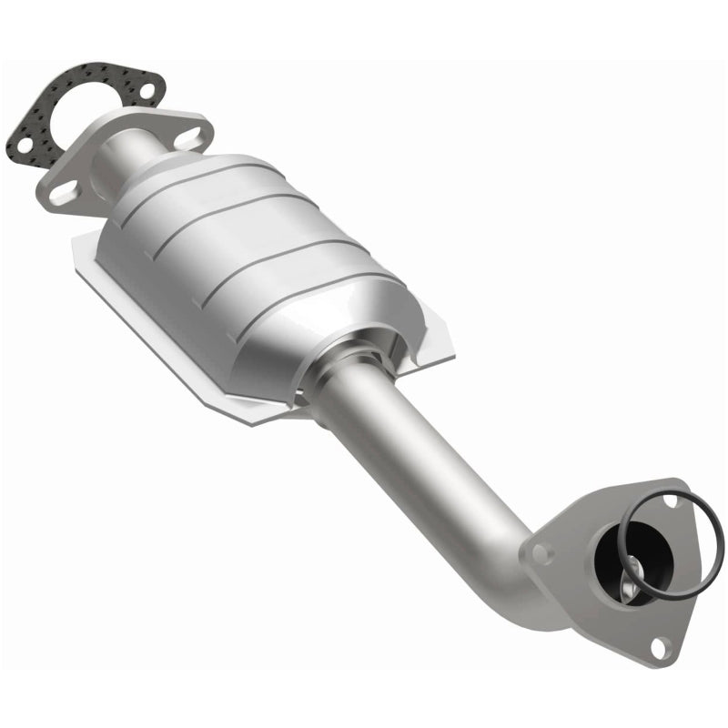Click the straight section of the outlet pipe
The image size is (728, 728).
[x=409, y=437]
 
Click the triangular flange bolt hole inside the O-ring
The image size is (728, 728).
[x=672, y=500]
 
